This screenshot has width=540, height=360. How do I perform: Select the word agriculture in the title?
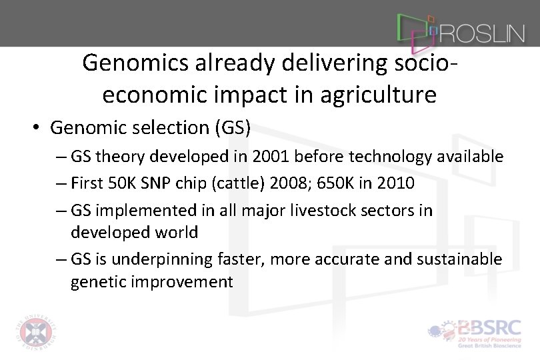pos(377,95)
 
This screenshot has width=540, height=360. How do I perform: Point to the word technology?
pos(391,157)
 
